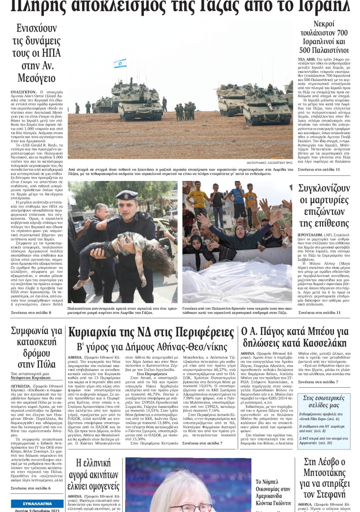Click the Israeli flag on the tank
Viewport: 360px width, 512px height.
coord(120,63)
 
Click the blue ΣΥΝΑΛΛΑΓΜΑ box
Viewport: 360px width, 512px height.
coord(37,503)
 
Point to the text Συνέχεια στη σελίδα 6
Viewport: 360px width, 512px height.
coord(31,488)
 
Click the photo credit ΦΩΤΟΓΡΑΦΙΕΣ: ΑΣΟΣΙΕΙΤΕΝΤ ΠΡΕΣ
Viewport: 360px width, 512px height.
coord(270,162)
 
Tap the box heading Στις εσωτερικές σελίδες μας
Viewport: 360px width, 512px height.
coord(324,401)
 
